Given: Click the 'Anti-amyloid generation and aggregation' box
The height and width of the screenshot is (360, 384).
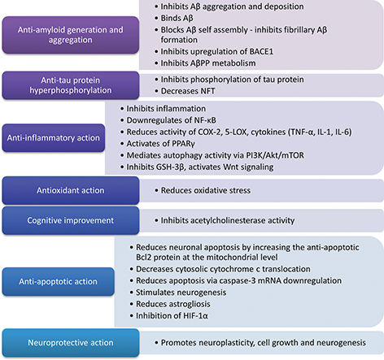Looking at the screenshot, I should click(x=76, y=35).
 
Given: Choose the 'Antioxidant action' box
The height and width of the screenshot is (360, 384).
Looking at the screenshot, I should click(x=76, y=190).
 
